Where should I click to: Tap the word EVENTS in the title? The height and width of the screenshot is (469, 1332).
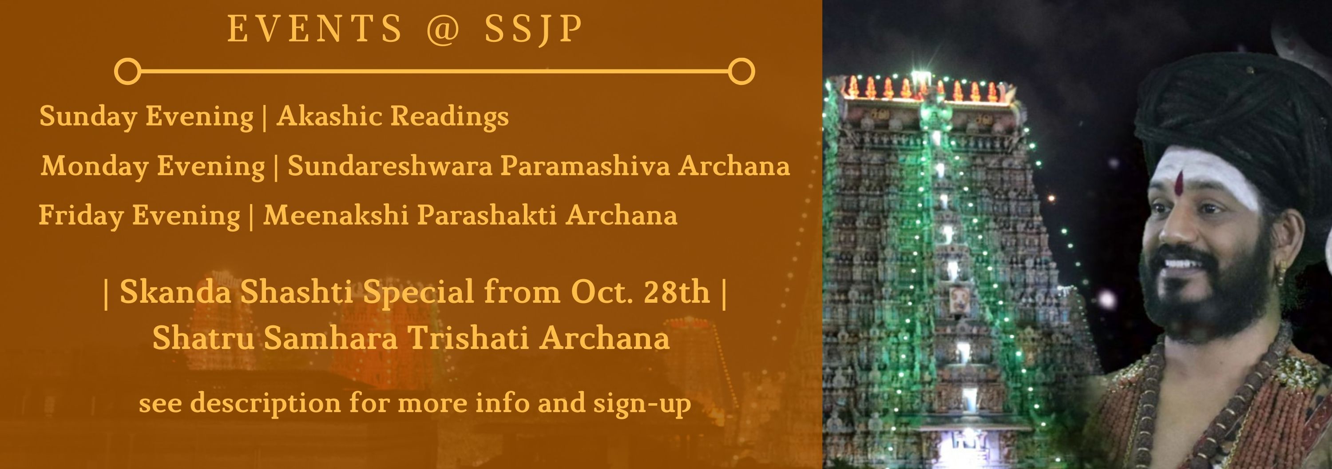pos(315,28)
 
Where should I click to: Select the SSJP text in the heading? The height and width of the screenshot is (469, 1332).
pos(534,29)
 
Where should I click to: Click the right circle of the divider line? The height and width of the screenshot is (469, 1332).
pos(741,71)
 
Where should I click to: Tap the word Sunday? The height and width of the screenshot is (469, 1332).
pos(88,116)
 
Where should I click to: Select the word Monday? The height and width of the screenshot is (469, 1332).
pos(95,166)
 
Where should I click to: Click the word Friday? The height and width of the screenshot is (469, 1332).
pos(81,215)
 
